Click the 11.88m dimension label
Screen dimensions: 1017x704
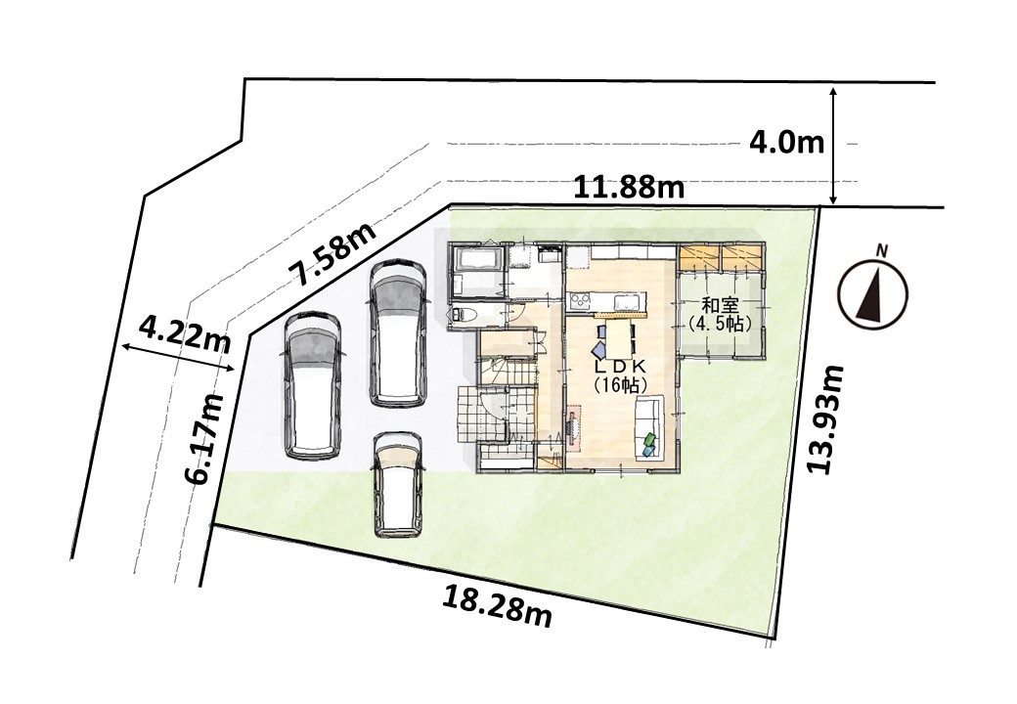tap(629, 188)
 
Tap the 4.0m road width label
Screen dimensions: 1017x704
tap(787, 143)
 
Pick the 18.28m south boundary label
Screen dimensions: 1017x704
tap(497, 605)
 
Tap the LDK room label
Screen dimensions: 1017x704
tap(617, 367)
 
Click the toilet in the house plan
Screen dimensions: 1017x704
tap(466, 315)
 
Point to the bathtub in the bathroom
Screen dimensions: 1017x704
tap(478, 260)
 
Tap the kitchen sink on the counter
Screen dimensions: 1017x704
tap(626, 301)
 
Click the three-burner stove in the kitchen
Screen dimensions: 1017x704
tap(579, 301)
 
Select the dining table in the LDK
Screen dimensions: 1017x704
tap(617, 337)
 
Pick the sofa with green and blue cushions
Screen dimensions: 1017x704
tap(648, 428)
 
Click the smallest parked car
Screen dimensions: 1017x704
tap(398, 485)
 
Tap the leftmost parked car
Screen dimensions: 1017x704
tap(312, 387)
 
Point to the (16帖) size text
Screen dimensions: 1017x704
tap(617, 384)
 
